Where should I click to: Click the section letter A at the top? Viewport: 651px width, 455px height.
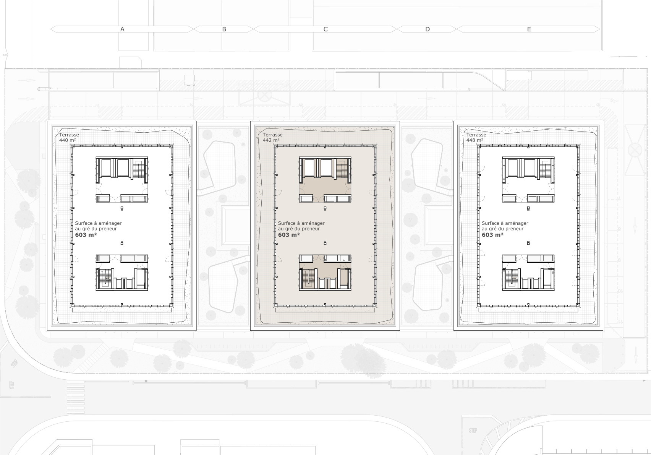122,29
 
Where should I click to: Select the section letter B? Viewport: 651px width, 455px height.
224,29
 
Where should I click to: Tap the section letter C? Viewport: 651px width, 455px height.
325,29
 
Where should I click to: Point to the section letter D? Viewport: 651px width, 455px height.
427,29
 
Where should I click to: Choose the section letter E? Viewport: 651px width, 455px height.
529,29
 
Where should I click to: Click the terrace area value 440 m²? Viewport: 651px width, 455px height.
68,140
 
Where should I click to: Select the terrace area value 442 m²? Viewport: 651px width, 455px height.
271,140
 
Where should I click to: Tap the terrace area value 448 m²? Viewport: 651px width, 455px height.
475,140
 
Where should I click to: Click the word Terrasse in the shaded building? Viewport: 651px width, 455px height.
273,135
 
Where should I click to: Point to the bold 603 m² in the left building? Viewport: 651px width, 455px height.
86,235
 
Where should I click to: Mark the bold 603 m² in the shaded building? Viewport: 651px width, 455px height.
289,235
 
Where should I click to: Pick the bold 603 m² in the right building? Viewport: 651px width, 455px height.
492,235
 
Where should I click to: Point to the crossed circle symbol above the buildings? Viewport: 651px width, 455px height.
265,96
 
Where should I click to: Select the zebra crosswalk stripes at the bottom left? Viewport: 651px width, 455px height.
76,397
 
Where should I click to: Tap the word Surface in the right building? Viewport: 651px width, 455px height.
490,223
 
